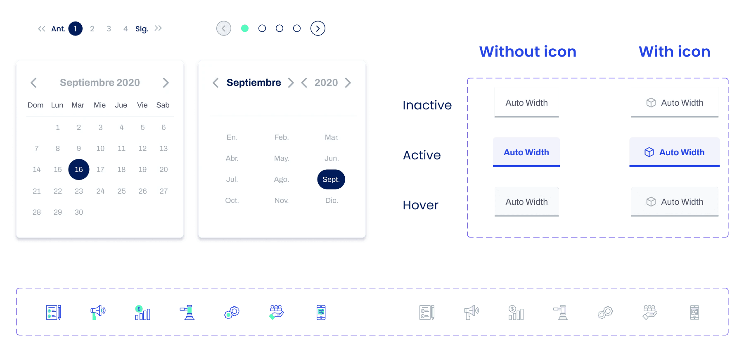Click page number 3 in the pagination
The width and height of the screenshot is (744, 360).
coord(109,28)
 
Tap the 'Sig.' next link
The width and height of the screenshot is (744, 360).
coord(142,29)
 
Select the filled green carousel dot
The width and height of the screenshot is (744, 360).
coord(245,28)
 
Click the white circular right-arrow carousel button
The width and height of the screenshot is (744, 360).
coord(318,28)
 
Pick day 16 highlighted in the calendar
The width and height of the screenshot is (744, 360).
coord(79,169)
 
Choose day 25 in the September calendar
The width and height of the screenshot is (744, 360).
coord(121,191)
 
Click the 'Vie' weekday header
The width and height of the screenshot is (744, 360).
coord(142,105)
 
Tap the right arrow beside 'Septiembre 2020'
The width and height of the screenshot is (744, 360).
coord(166,83)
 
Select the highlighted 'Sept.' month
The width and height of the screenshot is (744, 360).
coord(331,179)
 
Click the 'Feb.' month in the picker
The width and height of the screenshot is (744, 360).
coord(282,137)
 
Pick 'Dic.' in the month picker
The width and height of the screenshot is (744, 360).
coord(332,200)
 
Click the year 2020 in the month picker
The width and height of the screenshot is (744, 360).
coord(326,83)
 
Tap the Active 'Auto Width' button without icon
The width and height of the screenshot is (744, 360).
coord(526,152)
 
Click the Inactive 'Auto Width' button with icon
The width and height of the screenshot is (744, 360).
coord(675,102)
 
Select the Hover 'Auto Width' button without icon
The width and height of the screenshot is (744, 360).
coord(526,201)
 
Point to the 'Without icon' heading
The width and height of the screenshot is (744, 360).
coord(528,52)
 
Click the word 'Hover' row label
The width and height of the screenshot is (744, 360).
coord(420,205)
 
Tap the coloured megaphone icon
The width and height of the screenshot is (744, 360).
coord(98,312)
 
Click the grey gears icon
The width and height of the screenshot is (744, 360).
coord(605,312)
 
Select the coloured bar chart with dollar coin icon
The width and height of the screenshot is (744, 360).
coord(142,312)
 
